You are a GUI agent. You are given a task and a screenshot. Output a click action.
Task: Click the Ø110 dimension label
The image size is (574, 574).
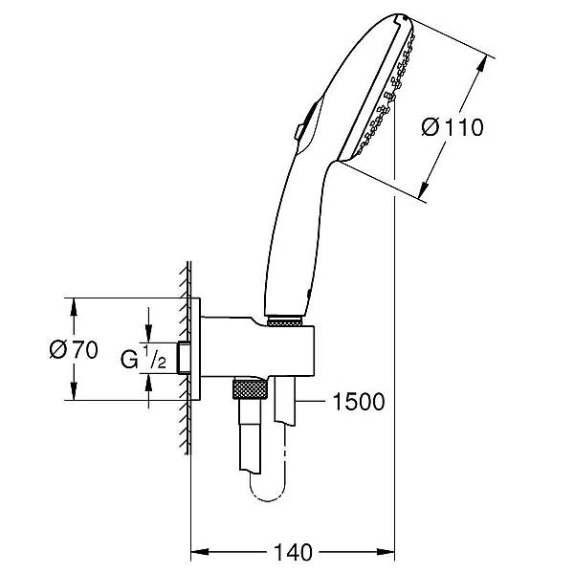pos(453,127)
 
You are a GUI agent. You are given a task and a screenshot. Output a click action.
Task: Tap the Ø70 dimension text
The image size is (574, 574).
pos(74,349)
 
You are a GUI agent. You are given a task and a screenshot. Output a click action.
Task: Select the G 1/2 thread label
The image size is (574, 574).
pos(143,357)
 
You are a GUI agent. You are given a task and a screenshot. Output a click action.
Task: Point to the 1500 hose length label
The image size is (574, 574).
pos(359,402)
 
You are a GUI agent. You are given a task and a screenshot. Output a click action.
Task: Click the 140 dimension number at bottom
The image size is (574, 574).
pos(293,552)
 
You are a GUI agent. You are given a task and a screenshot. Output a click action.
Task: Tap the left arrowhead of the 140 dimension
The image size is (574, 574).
pos(200,551)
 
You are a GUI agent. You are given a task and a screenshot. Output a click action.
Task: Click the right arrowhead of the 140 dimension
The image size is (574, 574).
pos(386,551)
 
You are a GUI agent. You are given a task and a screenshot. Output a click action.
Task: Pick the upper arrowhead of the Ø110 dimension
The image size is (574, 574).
pos(482,64)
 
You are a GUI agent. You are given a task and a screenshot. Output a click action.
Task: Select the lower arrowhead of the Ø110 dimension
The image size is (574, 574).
pos(424,190)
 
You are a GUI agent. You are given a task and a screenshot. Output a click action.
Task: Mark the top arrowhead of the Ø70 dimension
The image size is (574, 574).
pos(74,307)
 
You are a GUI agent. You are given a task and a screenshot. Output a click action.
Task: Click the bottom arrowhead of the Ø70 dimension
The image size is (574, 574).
pos(74,391)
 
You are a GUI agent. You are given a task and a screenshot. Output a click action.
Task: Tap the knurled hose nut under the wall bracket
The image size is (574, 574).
pos(250,389)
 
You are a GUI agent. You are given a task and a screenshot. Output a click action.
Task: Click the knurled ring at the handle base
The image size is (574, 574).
pos(285,322)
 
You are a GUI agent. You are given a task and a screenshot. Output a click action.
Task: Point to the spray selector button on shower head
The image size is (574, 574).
pos(300,132)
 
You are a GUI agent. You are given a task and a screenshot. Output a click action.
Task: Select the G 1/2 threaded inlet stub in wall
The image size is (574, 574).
pos(184,358)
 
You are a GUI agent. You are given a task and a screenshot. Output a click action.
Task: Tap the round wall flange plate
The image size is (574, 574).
pos(195,349)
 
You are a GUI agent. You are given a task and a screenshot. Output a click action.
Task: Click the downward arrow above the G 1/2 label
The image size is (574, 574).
pos(148,325)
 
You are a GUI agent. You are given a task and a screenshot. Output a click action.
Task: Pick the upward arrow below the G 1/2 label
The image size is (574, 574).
pos(148,391)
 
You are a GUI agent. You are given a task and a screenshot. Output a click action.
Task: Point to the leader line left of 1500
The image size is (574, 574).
pos(310,402)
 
